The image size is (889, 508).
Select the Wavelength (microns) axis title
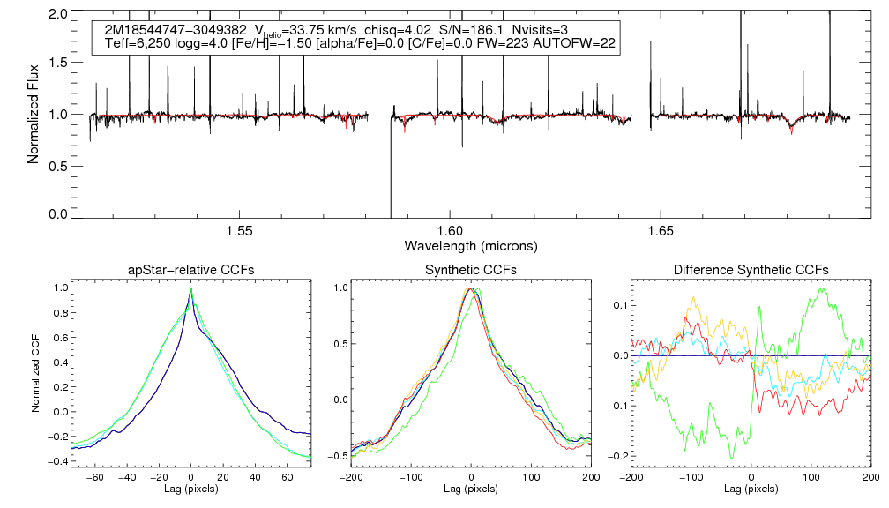(x=470, y=244)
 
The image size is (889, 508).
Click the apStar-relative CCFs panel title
(x=191, y=270)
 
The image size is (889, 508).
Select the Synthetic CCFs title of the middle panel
(x=471, y=270)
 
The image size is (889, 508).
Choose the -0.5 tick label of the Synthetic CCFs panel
(x=338, y=456)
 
